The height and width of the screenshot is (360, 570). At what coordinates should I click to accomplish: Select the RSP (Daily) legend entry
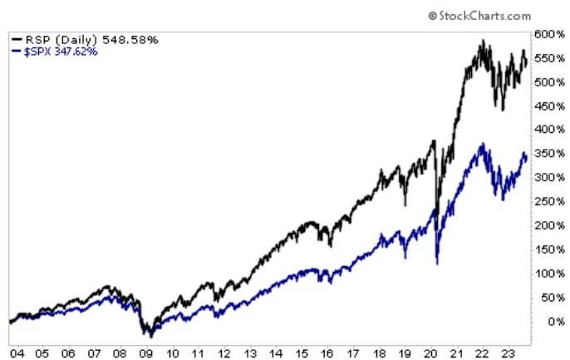click(60, 38)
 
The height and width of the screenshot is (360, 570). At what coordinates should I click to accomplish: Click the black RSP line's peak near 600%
click(481, 41)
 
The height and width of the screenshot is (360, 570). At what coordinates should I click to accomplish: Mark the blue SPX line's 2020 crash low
click(437, 264)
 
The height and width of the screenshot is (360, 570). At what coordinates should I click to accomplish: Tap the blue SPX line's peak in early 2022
click(480, 145)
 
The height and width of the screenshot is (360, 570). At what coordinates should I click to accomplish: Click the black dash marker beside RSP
click(17, 38)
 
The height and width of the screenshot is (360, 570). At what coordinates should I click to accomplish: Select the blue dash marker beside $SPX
click(17, 51)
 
